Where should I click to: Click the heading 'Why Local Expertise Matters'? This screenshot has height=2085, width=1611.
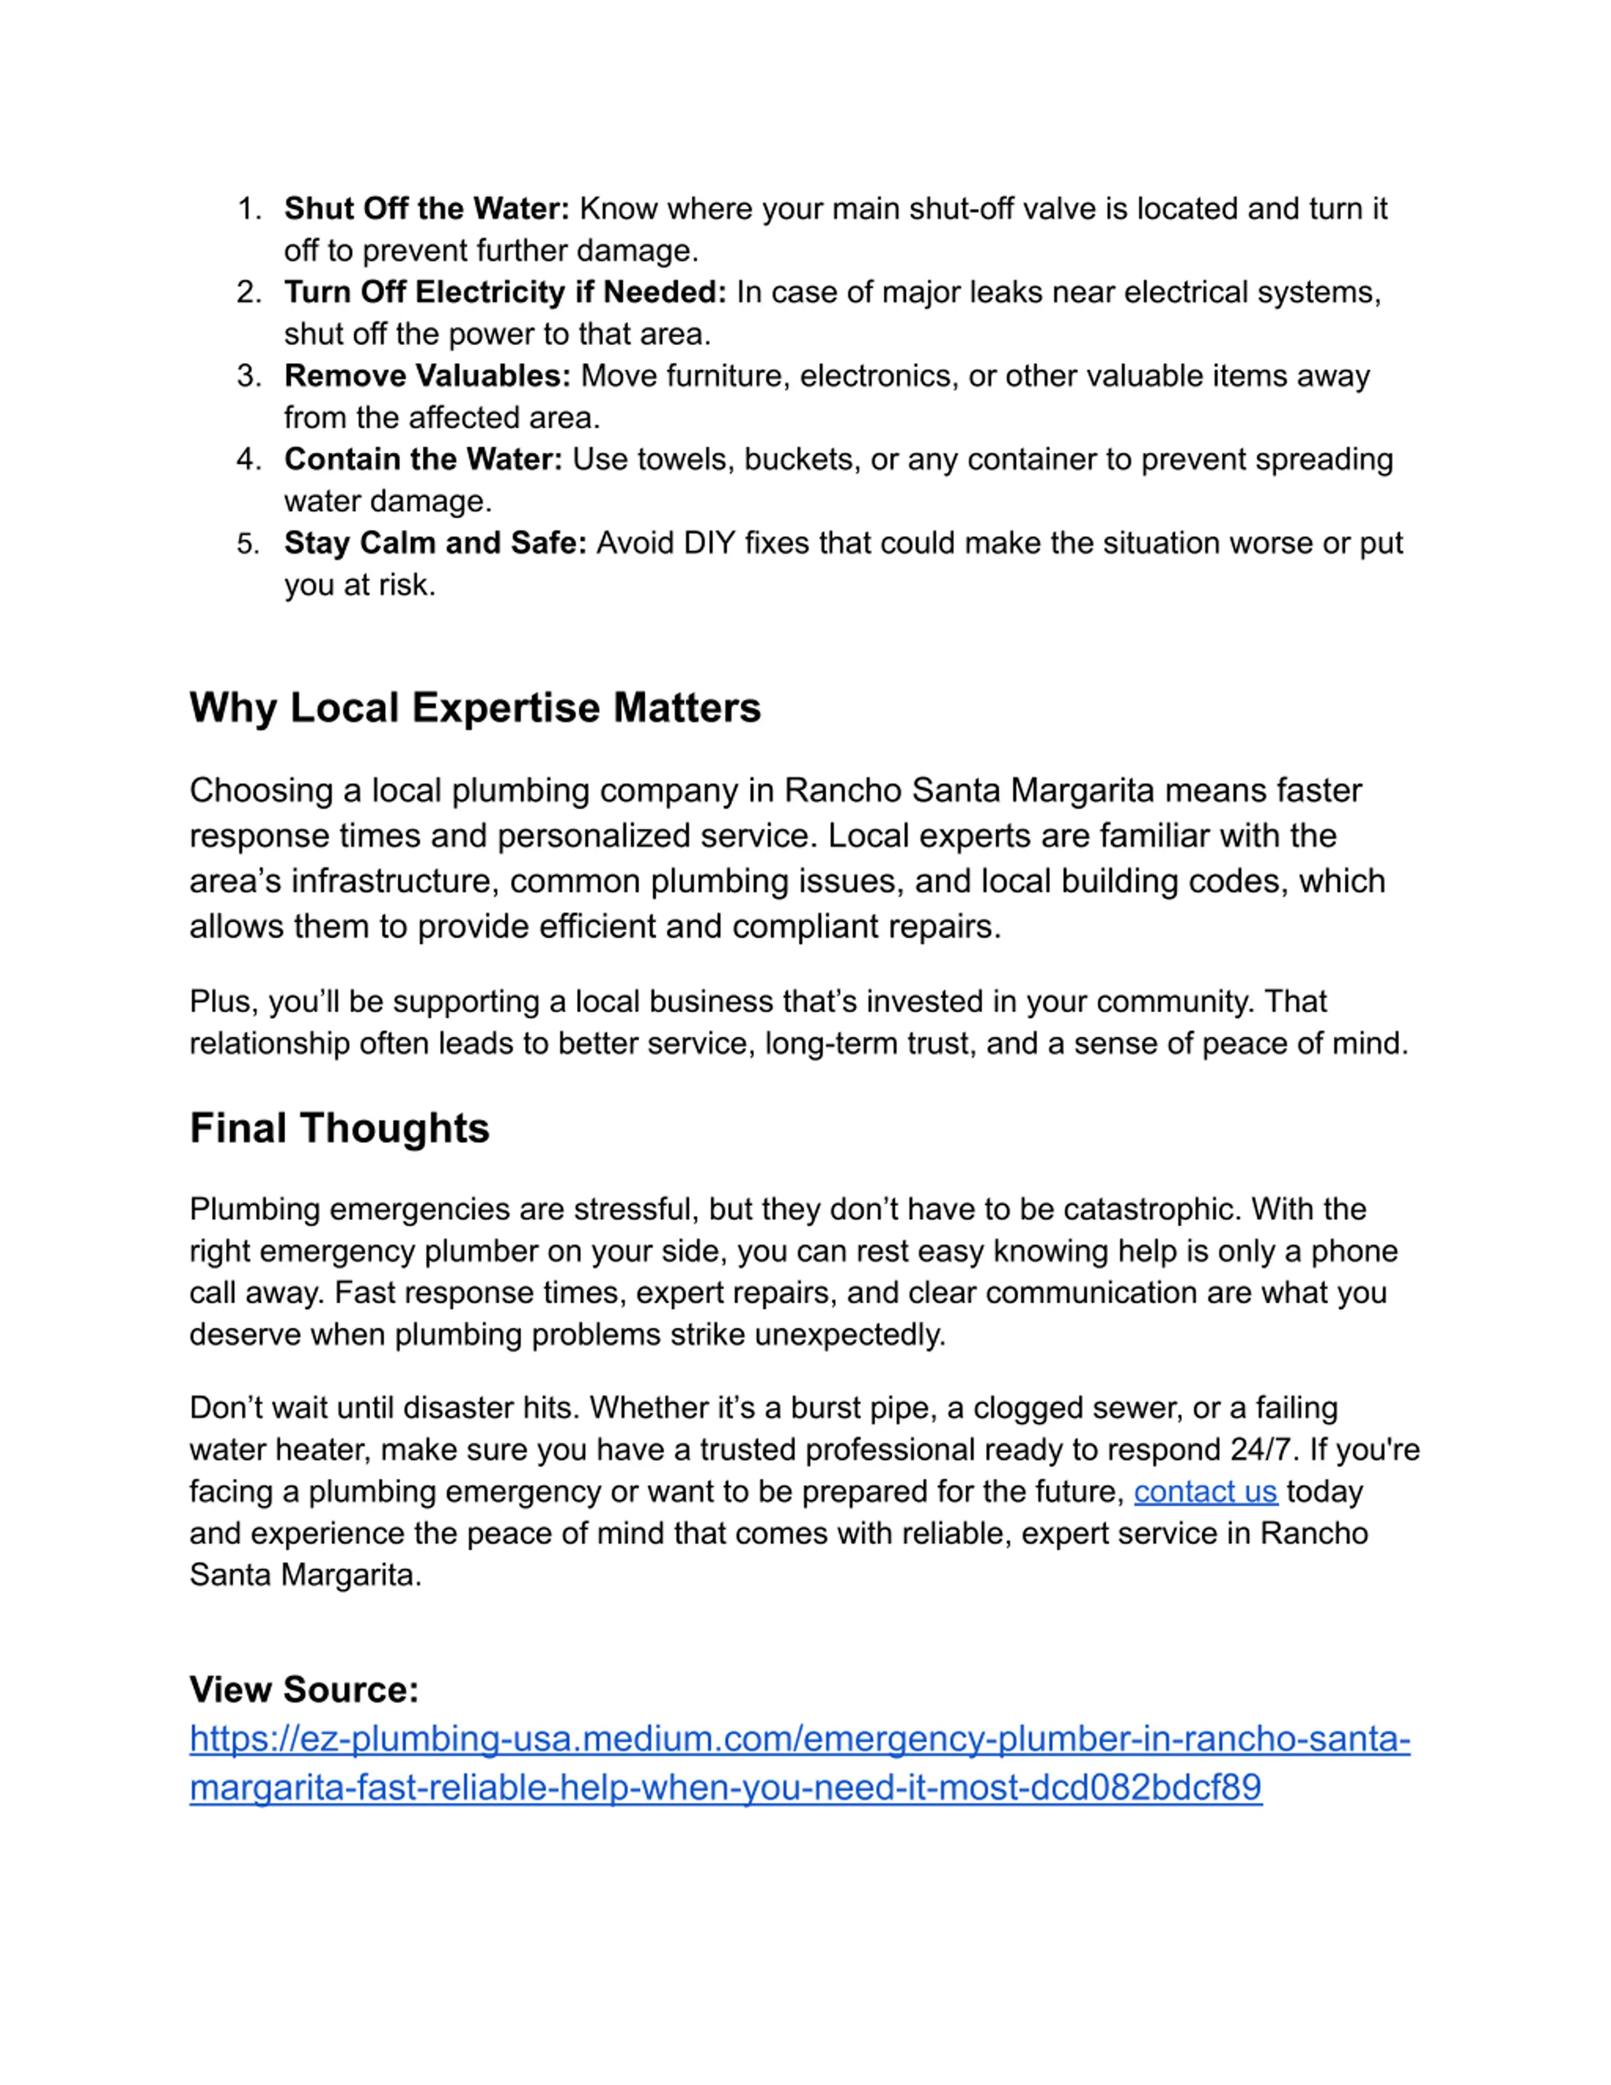(x=474, y=707)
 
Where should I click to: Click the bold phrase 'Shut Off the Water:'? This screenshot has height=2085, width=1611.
(x=425, y=208)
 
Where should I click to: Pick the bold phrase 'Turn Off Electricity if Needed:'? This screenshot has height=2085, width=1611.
(x=505, y=292)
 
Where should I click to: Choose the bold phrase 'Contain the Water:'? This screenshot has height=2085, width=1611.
(x=423, y=459)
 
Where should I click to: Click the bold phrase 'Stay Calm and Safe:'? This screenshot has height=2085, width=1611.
(x=434, y=543)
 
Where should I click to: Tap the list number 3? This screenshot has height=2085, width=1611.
(x=248, y=376)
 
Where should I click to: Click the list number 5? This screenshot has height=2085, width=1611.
(x=248, y=544)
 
